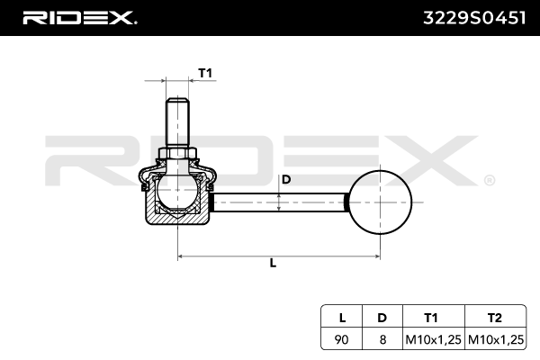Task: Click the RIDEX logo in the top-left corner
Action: click(x=78, y=16)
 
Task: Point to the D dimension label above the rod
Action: click(x=286, y=179)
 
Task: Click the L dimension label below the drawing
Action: click(x=273, y=263)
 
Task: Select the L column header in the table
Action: click(x=342, y=317)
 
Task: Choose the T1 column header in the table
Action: click(x=431, y=317)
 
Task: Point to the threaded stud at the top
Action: click(x=177, y=121)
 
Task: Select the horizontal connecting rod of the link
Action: click(x=279, y=201)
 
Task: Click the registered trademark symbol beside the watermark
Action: click(x=489, y=180)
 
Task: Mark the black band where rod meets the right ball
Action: click(x=346, y=201)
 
